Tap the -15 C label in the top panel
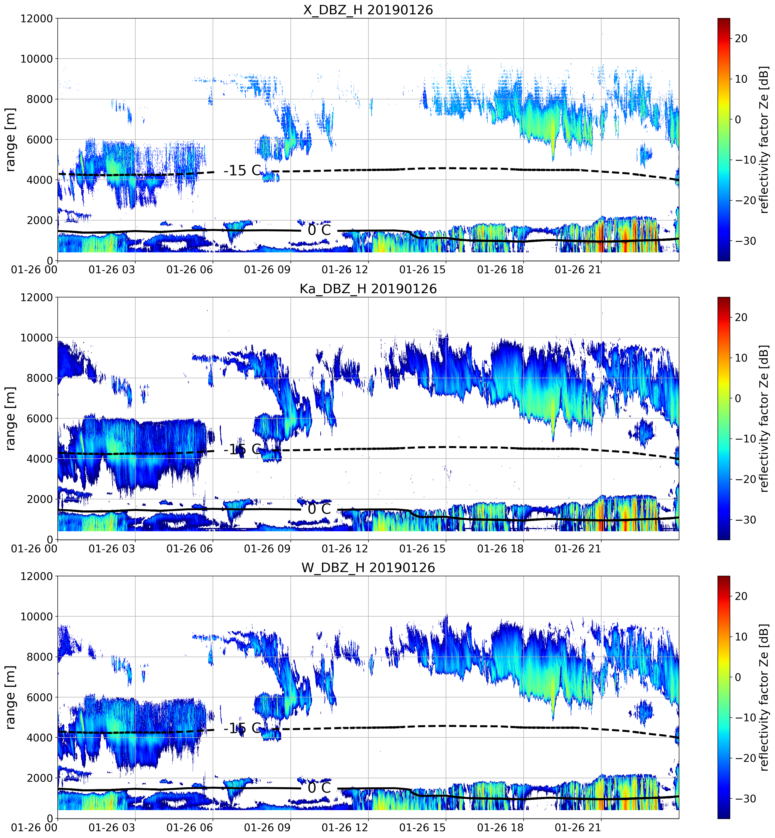[242, 171]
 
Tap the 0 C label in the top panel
[319, 230]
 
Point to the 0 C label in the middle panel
[319, 509]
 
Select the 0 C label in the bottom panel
[319, 788]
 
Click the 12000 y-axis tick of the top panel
[37, 19]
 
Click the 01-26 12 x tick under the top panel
[345, 270]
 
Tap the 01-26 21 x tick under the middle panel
[578, 548]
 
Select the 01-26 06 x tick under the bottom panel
[189, 827]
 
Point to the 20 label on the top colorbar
[741, 38]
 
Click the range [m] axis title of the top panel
[10, 139]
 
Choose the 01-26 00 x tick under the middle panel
[34, 548]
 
